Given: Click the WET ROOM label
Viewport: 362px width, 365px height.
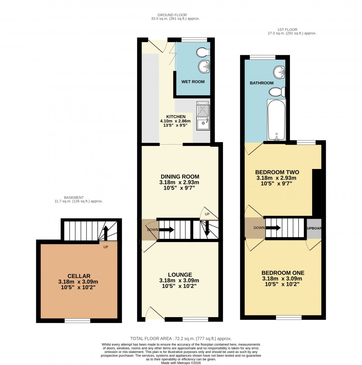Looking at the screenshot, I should pyautogui.click(x=193, y=82).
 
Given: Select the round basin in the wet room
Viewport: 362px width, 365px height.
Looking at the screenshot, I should pyautogui.click(x=204, y=66).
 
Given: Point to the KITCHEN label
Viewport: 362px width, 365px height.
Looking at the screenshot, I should pyautogui.click(x=176, y=117).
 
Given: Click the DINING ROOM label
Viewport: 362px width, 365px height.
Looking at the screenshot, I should pyautogui.click(x=179, y=176).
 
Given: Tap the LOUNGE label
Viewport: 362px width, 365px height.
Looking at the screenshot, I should pyautogui.click(x=180, y=275).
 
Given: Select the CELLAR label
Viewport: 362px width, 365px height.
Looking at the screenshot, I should pyautogui.click(x=79, y=276).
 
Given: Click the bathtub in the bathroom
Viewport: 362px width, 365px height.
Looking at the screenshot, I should pyautogui.click(x=276, y=120).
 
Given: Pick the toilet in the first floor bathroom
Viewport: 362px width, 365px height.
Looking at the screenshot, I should pyautogui.click(x=277, y=92).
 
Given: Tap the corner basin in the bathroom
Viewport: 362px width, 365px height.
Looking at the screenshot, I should pyautogui.click(x=280, y=72).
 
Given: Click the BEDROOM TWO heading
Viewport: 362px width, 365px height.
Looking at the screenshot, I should pyautogui.click(x=278, y=172).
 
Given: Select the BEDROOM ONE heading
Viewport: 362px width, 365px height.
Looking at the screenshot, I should pyautogui.click(x=283, y=273).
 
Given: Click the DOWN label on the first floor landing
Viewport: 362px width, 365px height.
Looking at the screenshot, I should pyautogui.click(x=259, y=228).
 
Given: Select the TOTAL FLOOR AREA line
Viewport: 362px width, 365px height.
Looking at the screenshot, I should pyautogui.click(x=181, y=339).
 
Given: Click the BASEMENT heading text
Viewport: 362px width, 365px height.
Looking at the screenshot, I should pyautogui.click(x=74, y=197).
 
